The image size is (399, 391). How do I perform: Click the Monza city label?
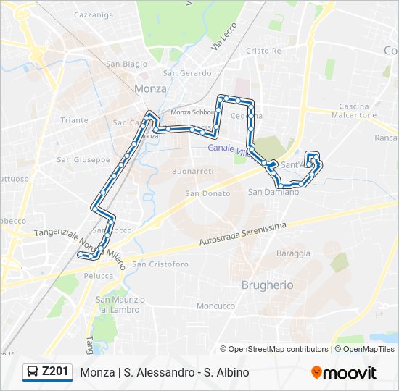(150, 88)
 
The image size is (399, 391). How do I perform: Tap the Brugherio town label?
(268, 285)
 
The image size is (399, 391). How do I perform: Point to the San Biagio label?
(126, 64)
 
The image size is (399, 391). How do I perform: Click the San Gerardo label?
(187, 73)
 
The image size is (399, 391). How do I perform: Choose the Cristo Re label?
(263, 51)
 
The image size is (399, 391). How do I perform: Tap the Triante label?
(75, 120)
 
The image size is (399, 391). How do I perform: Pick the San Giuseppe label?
(83, 159)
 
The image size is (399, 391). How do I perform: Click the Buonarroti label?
(192, 172)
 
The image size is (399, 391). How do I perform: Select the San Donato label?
(207, 193)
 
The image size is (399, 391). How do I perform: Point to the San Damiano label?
(273, 192)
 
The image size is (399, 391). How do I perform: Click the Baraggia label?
(293, 253)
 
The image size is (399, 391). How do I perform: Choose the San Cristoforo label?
(160, 264)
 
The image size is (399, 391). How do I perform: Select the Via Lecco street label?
(219, 37)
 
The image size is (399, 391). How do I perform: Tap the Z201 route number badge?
(48, 372)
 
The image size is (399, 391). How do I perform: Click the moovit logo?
(344, 373)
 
